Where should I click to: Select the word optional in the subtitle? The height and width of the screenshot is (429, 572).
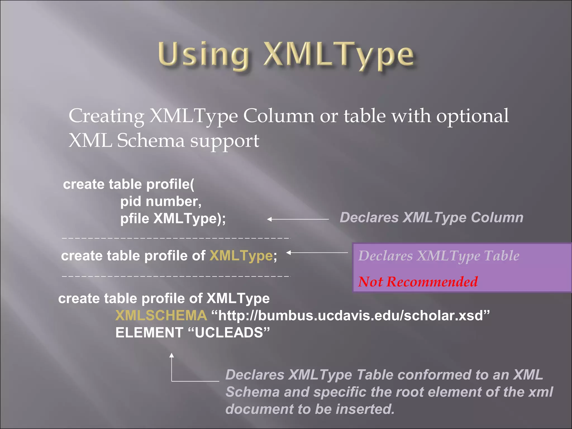point(472,116)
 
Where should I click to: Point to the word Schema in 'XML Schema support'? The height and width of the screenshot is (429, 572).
point(151,140)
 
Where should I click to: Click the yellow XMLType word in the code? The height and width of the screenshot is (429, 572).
point(241,256)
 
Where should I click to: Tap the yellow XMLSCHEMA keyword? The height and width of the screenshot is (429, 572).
point(161,316)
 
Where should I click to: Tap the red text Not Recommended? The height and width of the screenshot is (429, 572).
point(418,282)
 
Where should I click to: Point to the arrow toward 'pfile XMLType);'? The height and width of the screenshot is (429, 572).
point(298,220)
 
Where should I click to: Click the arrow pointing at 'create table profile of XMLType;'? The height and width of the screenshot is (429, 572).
point(317,252)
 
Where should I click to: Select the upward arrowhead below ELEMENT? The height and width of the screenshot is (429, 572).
point(172,355)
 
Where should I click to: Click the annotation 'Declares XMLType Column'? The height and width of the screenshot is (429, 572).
point(431,218)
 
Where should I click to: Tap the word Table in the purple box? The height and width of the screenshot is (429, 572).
point(502,256)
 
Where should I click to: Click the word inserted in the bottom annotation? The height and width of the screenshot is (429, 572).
point(365,409)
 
